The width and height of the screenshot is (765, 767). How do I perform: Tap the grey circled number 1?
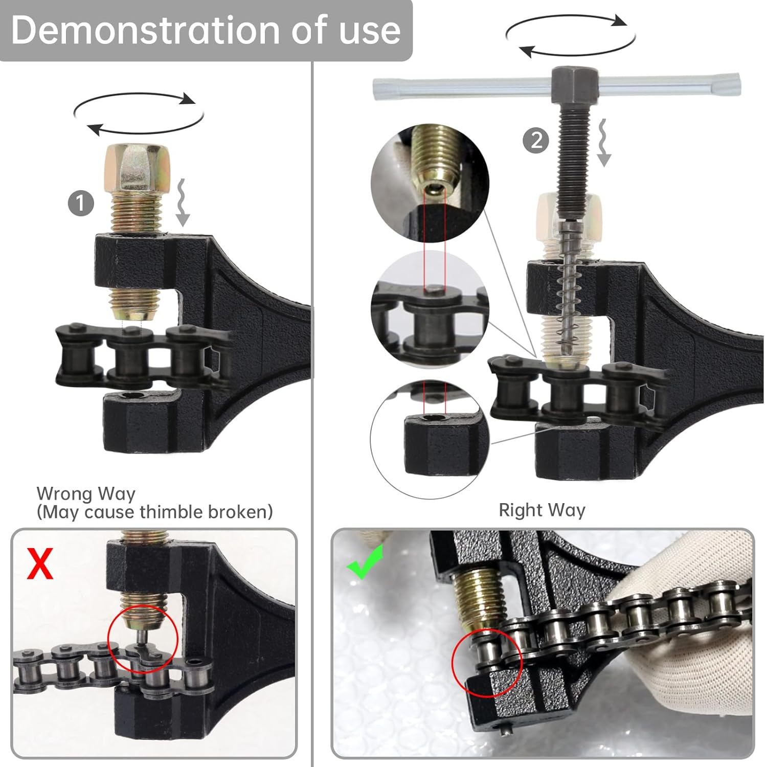tap(81, 204)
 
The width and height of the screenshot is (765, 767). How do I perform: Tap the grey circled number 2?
tap(536, 140)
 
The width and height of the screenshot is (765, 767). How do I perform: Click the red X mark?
tap(40, 563)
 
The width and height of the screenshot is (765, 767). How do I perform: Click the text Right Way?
tap(542, 510)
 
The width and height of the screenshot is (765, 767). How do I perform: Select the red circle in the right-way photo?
tap(487, 662)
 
